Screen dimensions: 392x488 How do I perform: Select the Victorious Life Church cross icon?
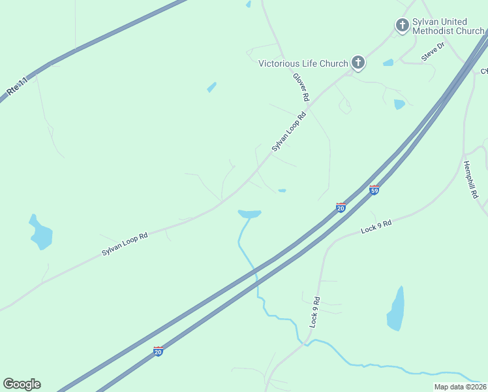tap(358, 63)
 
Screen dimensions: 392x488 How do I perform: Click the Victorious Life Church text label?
tap(303, 63)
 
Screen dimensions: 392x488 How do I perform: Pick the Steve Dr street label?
tap(433, 51)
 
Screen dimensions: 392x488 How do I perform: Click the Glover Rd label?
tap(301, 86)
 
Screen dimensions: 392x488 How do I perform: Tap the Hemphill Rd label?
tap(471, 180)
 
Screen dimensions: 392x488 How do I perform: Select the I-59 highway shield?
tap(374, 189)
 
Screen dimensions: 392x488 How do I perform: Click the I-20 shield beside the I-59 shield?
tap(341, 207)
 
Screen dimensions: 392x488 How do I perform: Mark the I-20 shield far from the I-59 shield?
tap(158, 351)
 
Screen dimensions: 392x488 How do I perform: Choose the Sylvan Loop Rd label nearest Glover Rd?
tap(288, 133)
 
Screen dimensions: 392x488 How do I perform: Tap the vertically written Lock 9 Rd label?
tap(314, 312)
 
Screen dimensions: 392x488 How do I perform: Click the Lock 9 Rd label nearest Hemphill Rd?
tap(376, 227)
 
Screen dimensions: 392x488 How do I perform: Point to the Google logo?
tap(22, 384)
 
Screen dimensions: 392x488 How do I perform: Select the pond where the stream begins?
tap(249, 214)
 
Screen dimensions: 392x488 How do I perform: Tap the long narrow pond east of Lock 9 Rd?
tap(395, 309)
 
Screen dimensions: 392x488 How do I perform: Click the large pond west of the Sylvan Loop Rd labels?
tap(40, 233)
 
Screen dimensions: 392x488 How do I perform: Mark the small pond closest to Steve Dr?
tap(388, 63)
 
